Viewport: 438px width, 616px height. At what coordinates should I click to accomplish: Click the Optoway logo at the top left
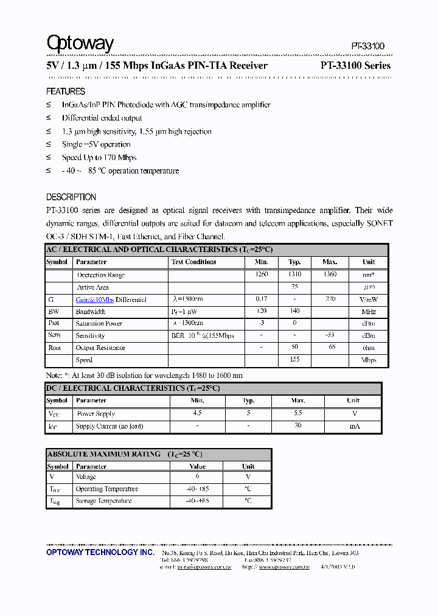click(80, 43)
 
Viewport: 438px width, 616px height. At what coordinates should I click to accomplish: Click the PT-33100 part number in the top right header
click(367, 46)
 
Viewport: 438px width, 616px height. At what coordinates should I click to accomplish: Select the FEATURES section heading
click(66, 91)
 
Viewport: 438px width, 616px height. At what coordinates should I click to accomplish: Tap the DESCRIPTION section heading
click(71, 197)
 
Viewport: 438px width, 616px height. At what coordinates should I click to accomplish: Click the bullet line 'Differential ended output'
click(102, 118)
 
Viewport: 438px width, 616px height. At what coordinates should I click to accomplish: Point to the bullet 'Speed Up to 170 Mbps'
click(99, 158)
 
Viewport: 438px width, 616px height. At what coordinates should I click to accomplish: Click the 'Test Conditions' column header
click(194, 262)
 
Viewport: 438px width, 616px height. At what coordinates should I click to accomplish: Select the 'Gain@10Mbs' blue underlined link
click(94, 299)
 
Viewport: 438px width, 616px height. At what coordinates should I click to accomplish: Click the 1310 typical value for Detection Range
click(294, 275)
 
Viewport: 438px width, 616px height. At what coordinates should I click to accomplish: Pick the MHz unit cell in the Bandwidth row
click(369, 311)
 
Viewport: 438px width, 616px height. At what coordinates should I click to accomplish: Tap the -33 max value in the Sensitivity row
click(329, 335)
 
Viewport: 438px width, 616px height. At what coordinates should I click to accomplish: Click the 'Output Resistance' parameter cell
click(100, 348)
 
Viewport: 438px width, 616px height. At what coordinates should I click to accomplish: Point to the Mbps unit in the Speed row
click(369, 360)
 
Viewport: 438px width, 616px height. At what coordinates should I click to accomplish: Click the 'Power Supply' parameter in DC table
click(96, 413)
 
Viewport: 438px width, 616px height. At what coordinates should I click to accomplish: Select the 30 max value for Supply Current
click(298, 426)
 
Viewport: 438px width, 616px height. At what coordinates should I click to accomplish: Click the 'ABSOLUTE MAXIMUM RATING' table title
click(104, 454)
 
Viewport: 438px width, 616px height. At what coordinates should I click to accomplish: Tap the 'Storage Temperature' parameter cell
click(103, 501)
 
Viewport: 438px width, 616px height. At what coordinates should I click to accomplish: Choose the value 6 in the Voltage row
click(197, 477)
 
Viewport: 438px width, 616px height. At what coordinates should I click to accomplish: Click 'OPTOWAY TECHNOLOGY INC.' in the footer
click(100, 552)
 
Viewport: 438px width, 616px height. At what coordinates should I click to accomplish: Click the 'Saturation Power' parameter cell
click(99, 323)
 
